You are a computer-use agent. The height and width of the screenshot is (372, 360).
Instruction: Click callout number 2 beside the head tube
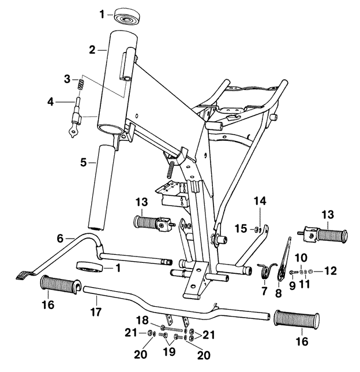coord(92,50)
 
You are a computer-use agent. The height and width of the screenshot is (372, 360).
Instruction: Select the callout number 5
coord(83,163)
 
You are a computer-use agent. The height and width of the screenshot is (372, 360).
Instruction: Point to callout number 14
coord(261,201)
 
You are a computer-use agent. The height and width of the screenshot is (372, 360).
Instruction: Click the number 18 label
coord(142,319)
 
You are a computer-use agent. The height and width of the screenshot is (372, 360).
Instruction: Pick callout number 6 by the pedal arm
coord(60,237)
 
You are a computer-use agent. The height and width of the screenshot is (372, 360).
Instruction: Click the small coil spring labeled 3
coord(81,85)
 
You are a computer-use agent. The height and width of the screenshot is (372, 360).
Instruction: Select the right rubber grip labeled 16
coord(297,319)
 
